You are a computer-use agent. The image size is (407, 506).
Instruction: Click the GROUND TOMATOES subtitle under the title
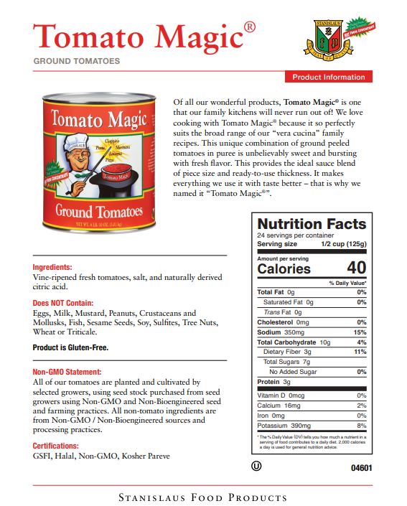point(77,62)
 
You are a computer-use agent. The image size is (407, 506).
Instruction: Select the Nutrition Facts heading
point(312,224)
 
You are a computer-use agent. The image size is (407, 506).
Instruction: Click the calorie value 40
point(357,269)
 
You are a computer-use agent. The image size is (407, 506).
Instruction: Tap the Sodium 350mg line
point(281,332)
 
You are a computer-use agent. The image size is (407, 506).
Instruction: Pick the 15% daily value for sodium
point(360,332)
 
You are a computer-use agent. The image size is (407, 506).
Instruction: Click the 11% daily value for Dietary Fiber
point(360,352)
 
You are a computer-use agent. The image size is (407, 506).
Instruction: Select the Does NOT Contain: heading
point(63,304)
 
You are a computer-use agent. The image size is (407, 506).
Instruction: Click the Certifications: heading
point(60,446)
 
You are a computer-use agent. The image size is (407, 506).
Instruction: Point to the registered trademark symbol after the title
point(249,27)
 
